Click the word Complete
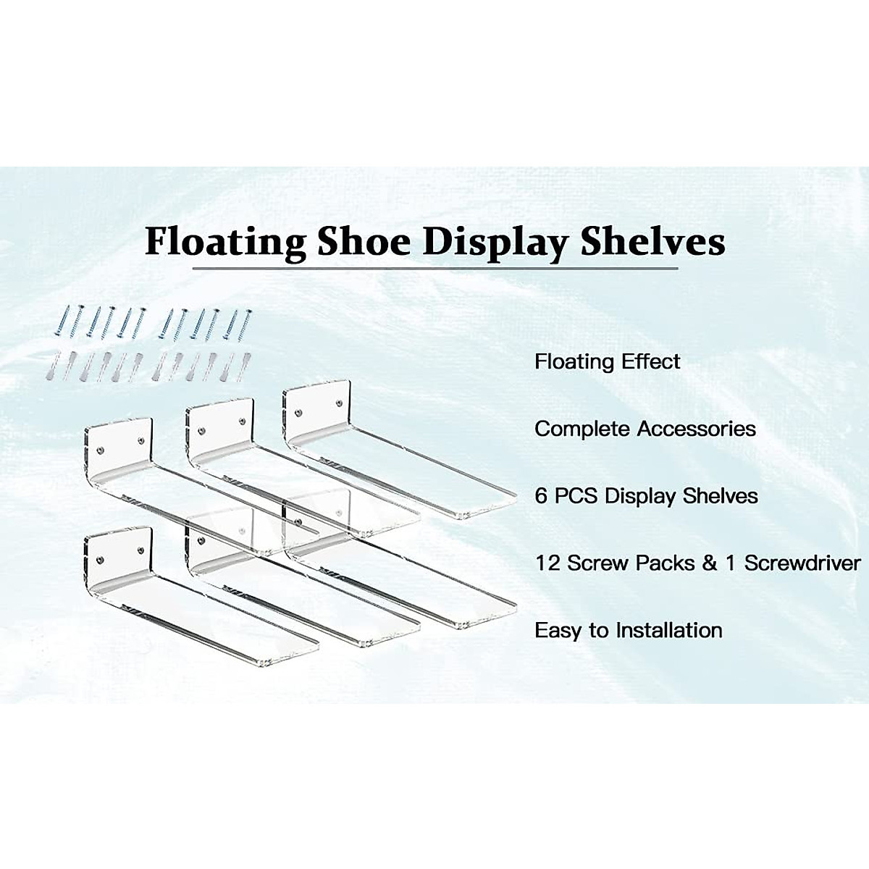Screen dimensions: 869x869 pyautogui.click(x=582, y=429)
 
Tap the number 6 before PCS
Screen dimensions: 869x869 pyautogui.click(x=541, y=496)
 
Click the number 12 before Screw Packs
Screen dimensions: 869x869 pyautogui.click(x=547, y=563)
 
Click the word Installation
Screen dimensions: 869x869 pyautogui.click(x=669, y=630)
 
